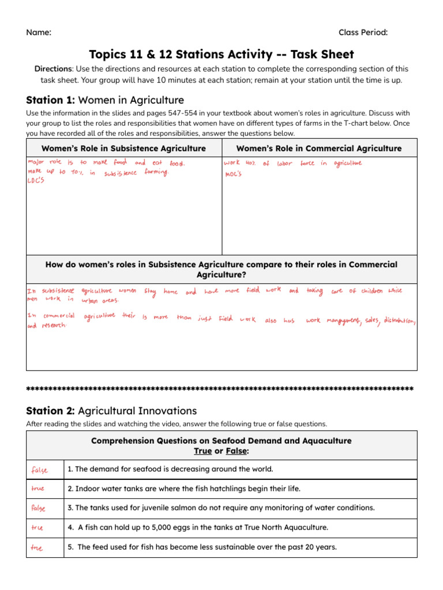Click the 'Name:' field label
click(x=39, y=32)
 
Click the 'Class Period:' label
click(x=363, y=32)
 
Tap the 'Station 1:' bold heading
click(x=51, y=100)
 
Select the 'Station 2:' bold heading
click(x=51, y=411)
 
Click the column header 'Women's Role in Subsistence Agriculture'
click(x=123, y=149)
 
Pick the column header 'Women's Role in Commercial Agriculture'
click(x=319, y=149)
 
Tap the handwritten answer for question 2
click(x=37, y=489)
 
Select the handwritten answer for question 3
click(x=39, y=509)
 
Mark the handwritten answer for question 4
click(x=37, y=528)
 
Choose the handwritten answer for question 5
click(x=37, y=548)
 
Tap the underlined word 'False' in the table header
click(x=236, y=451)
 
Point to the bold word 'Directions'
click(x=53, y=69)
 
